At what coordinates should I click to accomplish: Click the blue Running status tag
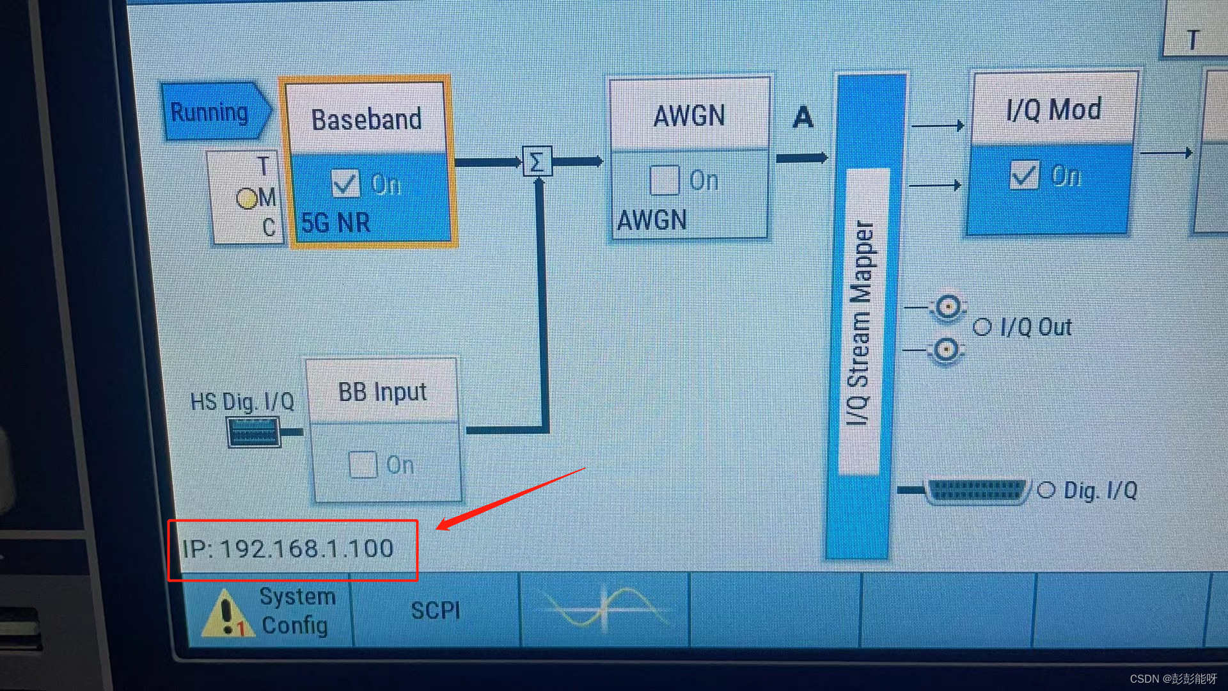(x=211, y=112)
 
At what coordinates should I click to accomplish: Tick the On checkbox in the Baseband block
(x=345, y=184)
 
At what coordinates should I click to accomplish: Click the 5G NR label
(x=336, y=223)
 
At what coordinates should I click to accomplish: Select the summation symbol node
(x=537, y=161)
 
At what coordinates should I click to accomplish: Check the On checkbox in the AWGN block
(x=664, y=180)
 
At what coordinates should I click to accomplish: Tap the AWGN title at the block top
(x=689, y=116)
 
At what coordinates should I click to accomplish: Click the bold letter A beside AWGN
(x=803, y=117)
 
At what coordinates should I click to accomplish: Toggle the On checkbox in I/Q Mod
(x=1023, y=175)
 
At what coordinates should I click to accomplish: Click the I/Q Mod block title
(x=1053, y=109)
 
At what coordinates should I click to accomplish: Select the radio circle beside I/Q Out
(x=982, y=327)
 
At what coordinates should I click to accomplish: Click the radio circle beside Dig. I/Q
(x=1046, y=491)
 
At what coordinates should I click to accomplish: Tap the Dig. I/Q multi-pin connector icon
(x=977, y=491)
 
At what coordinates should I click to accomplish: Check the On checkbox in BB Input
(x=362, y=465)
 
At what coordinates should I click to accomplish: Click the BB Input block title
(x=382, y=392)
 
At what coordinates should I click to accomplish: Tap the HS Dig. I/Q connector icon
(x=254, y=433)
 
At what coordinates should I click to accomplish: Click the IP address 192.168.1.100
(x=288, y=549)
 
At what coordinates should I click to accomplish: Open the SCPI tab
(x=436, y=610)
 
